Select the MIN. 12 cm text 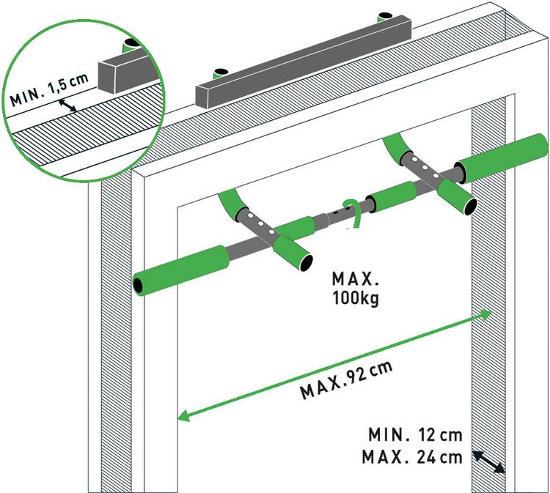(415, 435)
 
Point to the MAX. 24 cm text (412, 457)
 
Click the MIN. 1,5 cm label (48, 89)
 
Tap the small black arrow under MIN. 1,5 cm (67, 105)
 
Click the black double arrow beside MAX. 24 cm (488, 462)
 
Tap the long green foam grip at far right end (502, 157)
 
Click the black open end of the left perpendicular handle (306, 262)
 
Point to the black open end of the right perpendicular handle (470, 207)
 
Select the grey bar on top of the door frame (304, 63)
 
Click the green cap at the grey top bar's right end (386, 17)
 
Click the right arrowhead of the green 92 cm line (485, 315)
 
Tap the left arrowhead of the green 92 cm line (184, 416)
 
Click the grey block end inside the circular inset (106, 78)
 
